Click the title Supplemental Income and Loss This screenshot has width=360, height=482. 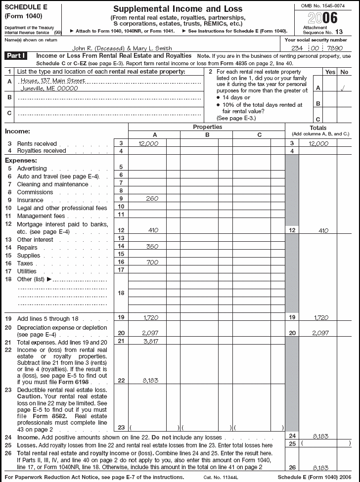[178, 9]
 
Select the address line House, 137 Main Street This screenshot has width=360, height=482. [49, 81]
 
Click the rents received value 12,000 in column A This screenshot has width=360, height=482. [148, 143]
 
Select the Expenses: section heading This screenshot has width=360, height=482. [21, 161]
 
